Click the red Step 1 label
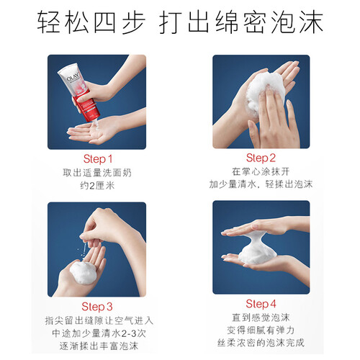click(98, 159)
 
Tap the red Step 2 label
click(261, 158)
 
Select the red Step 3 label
click(97, 307)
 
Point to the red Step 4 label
click(261, 304)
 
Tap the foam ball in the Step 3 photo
click(83, 273)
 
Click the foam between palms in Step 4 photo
click(257, 250)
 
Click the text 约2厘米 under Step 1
click(97, 186)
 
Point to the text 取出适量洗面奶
click(97, 173)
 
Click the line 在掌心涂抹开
click(261, 171)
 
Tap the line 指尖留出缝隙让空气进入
click(99, 320)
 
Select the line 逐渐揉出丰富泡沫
click(99, 346)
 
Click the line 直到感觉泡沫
click(261, 318)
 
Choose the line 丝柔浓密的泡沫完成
click(261, 343)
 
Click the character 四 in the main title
click(104, 22)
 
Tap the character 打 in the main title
click(171, 22)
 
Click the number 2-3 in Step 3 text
click(130, 333)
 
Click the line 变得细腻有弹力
click(261, 330)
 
